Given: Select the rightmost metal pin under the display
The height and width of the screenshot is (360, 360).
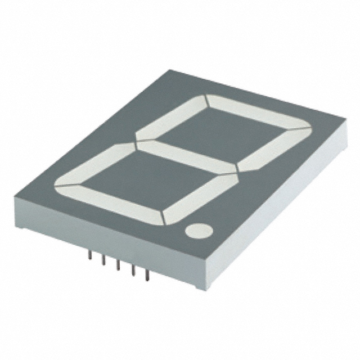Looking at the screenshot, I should (x=147, y=275).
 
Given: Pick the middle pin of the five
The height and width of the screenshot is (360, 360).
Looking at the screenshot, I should (x=119, y=266).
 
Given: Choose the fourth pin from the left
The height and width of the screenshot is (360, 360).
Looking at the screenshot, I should (x=133, y=271).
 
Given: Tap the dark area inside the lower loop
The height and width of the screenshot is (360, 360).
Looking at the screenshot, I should (x=146, y=181).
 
